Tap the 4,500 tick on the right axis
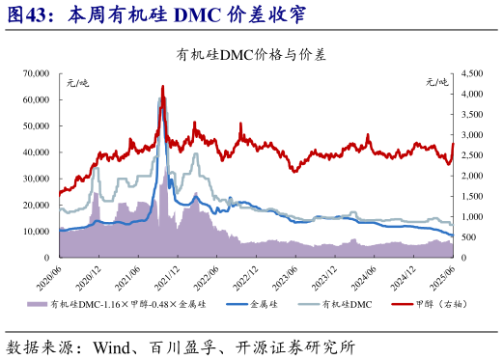[471, 73]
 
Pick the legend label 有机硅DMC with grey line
[347, 304]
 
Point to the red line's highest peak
[162, 86]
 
